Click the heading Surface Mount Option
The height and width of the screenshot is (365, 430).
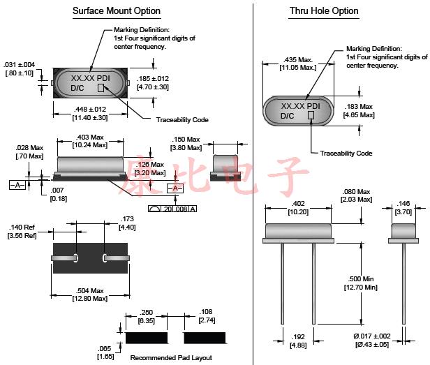pos(117,11)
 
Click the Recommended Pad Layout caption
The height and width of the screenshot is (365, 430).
pos(172,357)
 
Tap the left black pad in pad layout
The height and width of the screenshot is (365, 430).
pos(147,338)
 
